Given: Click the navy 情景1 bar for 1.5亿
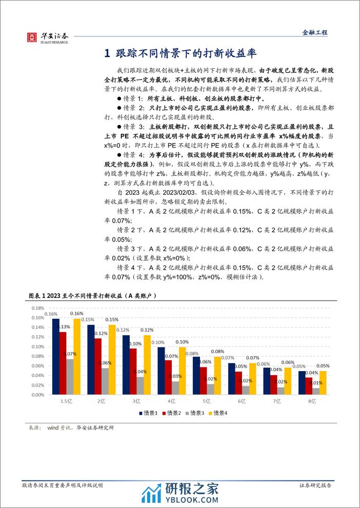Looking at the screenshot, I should coord(55,357).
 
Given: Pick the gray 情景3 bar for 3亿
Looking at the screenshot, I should coord(140,386).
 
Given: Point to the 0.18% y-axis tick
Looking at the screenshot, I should coord(38,309).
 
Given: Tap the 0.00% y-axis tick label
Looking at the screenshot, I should coord(38,396).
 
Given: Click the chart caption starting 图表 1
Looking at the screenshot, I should coord(91,297).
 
